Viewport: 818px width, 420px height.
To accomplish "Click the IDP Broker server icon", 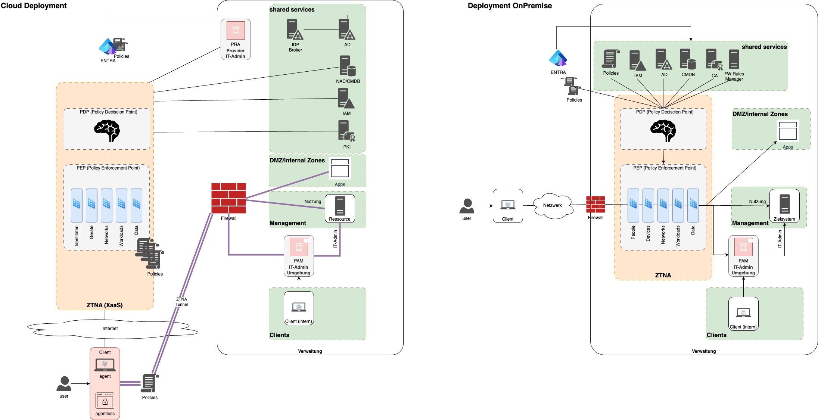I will click(x=295, y=29).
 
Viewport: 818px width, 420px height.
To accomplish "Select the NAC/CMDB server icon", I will click(x=347, y=66).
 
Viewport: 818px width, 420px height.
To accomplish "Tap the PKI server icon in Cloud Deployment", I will click(x=346, y=131).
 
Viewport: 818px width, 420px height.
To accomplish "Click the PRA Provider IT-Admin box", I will click(x=236, y=40).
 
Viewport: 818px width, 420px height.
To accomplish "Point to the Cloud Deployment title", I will click(x=34, y=6).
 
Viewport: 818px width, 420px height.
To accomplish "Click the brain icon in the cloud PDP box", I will click(x=107, y=131).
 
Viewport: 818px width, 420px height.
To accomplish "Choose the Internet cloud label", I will click(x=110, y=329).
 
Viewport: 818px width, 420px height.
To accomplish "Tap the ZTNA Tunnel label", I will click(x=181, y=302).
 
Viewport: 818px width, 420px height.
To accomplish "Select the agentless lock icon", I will click(x=105, y=401).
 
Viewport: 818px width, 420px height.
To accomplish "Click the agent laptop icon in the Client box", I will click(x=105, y=365).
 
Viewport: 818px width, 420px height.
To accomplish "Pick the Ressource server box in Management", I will click(x=340, y=208).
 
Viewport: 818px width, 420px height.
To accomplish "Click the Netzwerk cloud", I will click(x=553, y=205).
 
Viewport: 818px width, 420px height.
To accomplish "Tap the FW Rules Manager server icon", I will click(x=734, y=59).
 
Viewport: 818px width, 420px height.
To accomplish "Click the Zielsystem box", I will click(x=784, y=206).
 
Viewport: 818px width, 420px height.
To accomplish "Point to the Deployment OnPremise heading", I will click(x=510, y=6).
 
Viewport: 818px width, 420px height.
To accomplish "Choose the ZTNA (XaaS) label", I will click(x=105, y=305).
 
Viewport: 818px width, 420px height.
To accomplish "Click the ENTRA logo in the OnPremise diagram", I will click(x=558, y=58).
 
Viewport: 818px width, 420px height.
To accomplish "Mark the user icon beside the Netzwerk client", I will click(x=467, y=206).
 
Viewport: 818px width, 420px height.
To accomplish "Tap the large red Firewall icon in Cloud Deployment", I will click(x=228, y=198).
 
